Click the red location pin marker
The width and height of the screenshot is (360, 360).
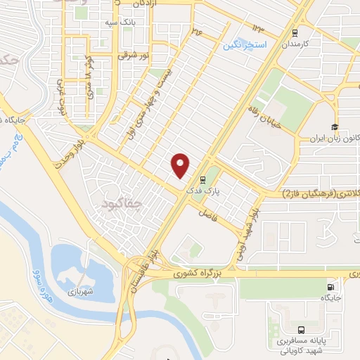pos(181,165)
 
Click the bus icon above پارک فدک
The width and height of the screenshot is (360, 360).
pos(202,179)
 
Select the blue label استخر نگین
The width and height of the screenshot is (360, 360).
pos(245,45)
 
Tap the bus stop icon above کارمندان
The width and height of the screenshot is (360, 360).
pos(295,32)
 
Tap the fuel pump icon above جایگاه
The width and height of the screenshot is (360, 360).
pos(332,287)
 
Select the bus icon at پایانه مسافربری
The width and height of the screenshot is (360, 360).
pos(301,329)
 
